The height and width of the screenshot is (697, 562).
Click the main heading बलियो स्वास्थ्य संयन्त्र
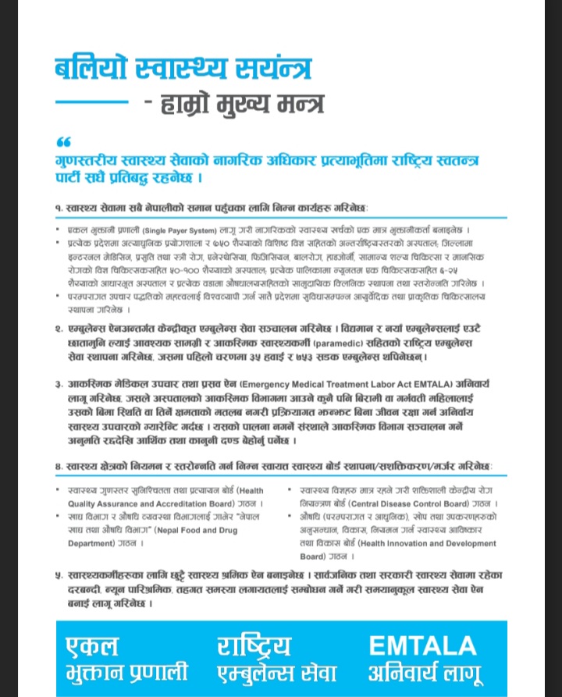183,69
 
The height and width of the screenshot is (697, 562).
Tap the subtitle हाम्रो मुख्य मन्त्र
233,103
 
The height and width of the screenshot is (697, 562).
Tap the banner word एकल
92,646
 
